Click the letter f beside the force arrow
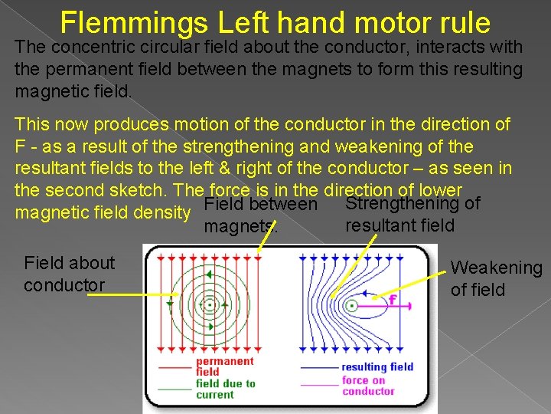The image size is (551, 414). (392, 300)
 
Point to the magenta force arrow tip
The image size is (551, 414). (410, 305)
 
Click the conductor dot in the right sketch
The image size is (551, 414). (351, 305)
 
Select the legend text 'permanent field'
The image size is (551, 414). (224, 366)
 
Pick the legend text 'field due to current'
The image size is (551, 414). (226, 389)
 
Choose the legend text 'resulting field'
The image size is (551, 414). (377, 366)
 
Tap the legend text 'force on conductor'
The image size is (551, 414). (368, 386)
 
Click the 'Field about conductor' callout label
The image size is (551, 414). (69, 274)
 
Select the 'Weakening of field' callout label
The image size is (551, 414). (496, 278)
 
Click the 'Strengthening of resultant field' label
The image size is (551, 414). (412, 214)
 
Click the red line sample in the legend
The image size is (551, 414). (174, 367)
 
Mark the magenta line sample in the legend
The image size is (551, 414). (319, 384)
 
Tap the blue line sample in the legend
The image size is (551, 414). (319, 367)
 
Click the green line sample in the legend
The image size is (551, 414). (174, 389)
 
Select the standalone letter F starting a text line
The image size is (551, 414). (20, 146)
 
